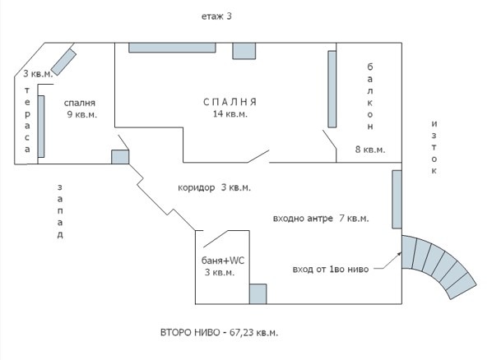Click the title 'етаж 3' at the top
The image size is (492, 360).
(217, 16)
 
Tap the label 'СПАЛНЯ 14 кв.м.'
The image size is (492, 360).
(230, 108)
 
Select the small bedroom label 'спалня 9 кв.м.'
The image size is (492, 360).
(81, 109)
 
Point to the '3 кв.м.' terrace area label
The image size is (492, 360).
(39, 74)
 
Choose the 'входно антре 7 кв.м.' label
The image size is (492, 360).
(320, 219)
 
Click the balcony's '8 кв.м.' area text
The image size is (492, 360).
(369, 150)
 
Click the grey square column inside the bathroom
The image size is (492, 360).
(258, 294)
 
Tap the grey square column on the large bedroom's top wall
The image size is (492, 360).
(244, 49)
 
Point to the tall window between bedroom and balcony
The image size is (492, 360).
(332, 90)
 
